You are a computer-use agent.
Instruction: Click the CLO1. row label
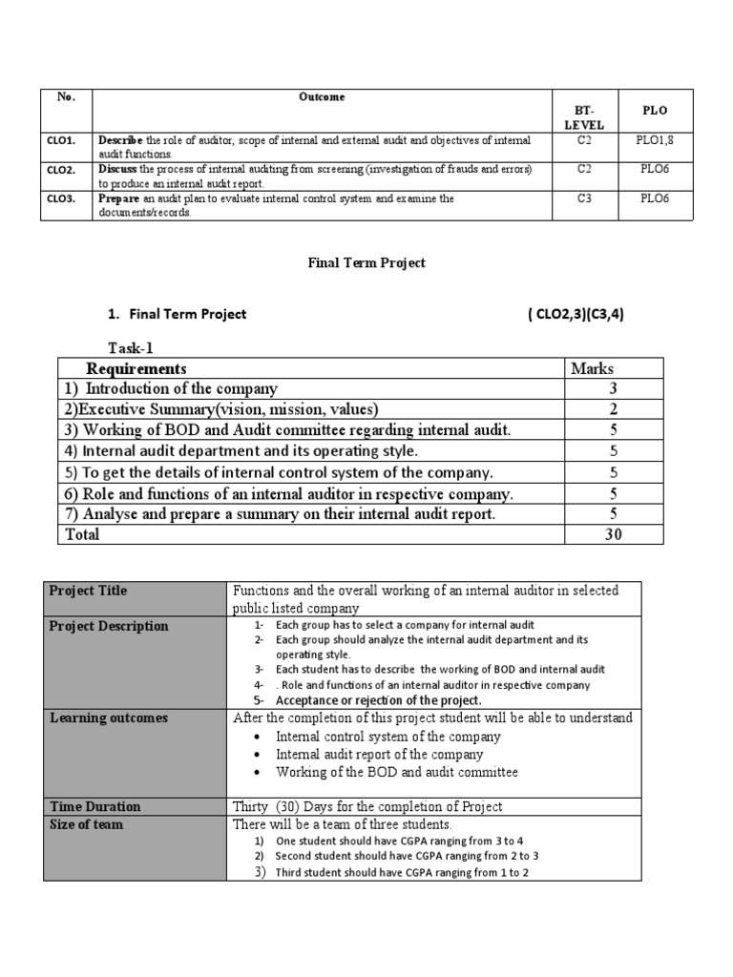click(x=61, y=140)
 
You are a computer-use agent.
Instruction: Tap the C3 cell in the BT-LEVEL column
click(x=583, y=198)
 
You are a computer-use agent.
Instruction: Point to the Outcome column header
click(x=322, y=97)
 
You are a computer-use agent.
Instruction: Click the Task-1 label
click(x=131, y=349)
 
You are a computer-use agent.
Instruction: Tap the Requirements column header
click(x=136, y=368)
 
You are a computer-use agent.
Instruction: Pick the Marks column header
click(x=592, y=368)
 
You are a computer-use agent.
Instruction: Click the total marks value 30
click(x=612, y=535)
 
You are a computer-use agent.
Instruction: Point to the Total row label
click(x=81, y=535)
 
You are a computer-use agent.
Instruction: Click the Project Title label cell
click(x=88, y=591)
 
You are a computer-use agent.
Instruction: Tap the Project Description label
click(x=109, y=626)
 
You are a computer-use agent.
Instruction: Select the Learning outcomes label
click(x=109, y=717)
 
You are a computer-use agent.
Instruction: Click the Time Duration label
click(x=94, y=806)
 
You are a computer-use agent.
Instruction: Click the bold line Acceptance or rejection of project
click(x=378, y=700)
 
